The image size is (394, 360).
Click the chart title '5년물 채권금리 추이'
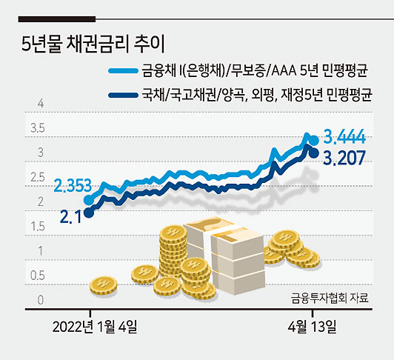93,44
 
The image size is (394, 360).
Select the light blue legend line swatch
123,70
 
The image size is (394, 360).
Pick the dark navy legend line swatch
123,96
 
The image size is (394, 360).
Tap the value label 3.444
344,137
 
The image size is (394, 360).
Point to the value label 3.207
344,158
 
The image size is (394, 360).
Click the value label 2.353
73,185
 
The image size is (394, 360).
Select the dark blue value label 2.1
71,217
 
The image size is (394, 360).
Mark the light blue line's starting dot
89,200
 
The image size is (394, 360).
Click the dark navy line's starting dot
89,213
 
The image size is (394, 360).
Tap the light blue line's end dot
314,140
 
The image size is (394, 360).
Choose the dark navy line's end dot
314,153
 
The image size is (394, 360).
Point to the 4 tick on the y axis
41,104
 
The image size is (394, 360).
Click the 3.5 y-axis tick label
38,128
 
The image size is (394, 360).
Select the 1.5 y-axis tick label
38,227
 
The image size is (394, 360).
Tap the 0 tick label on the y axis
41,300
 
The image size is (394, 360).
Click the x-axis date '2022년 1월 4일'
95,327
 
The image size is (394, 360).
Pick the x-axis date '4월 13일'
312,327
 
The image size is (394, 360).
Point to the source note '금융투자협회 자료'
330,299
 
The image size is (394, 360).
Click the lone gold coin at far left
103,286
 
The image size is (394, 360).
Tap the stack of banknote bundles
224,254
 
